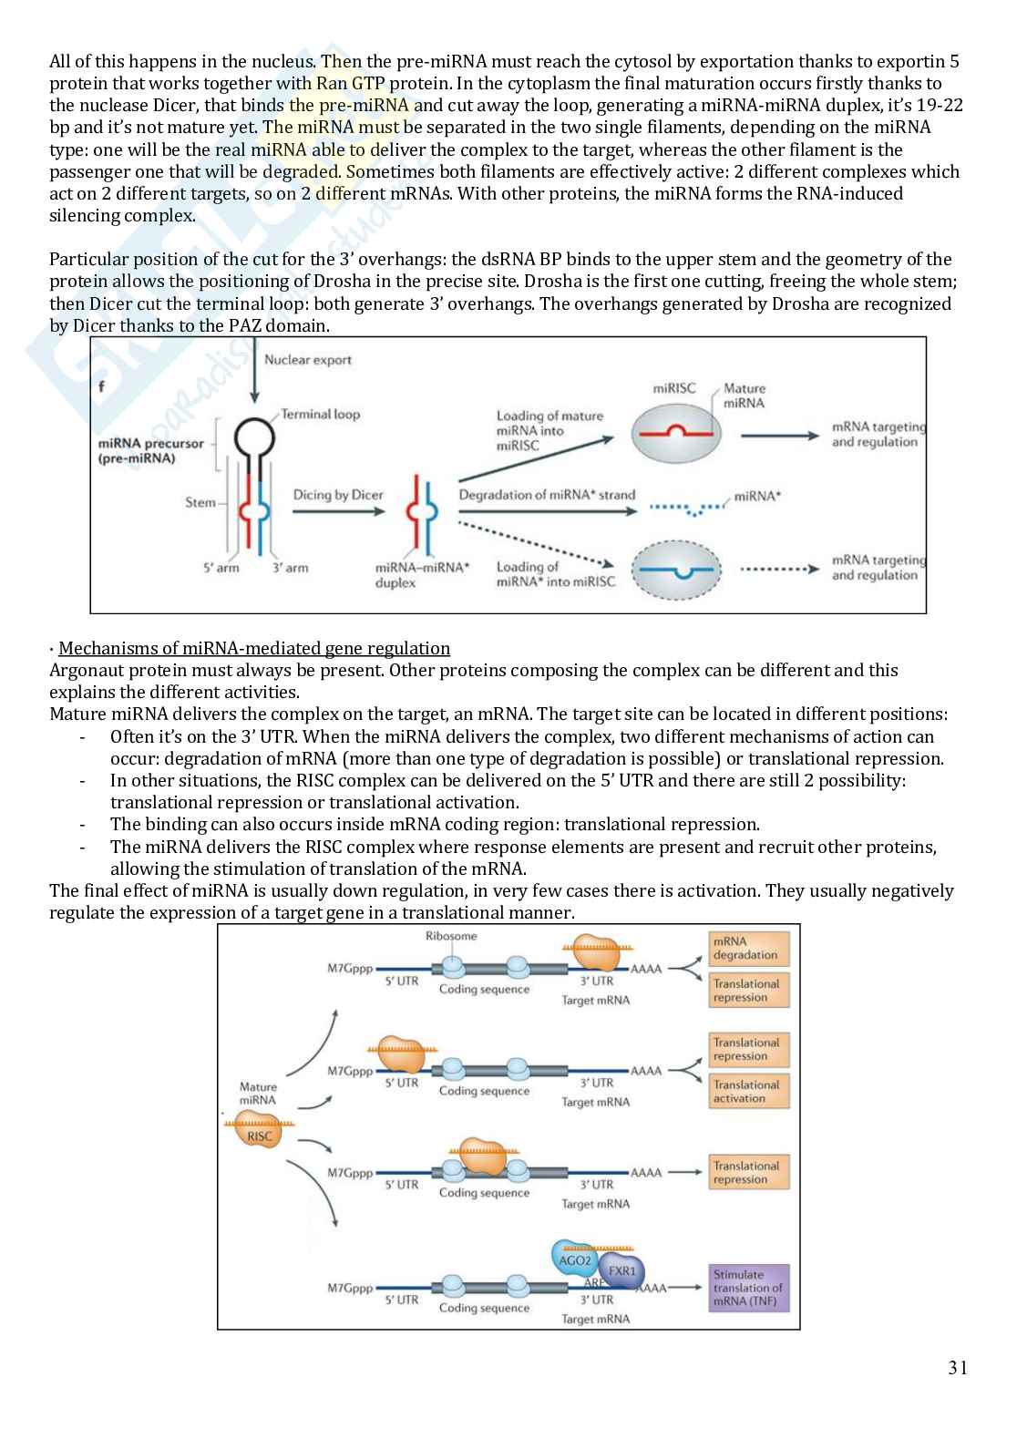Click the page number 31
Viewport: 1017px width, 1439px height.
(958, 1367)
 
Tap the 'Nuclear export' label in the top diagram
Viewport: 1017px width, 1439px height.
(307, 360)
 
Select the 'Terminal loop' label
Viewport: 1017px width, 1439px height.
(320, 415)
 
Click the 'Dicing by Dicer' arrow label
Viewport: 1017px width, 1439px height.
(338, 496)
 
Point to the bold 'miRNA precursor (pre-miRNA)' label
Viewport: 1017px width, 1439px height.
(150, 451)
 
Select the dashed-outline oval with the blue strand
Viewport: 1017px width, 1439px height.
(675, 570)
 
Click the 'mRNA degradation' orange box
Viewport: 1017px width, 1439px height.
(748, 949)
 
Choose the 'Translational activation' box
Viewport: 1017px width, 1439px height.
(748, 1092)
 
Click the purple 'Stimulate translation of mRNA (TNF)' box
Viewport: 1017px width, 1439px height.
(748, 1288)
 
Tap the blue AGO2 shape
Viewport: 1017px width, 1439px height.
(575, 1260)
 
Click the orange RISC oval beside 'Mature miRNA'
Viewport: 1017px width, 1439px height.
(259, 1136)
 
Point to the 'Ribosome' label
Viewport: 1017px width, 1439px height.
(451, 936)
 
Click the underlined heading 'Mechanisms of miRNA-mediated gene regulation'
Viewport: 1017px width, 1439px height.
(253, 648)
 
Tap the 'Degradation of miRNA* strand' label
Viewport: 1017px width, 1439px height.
(547, 495)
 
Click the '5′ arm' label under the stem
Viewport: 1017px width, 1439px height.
(221, 568)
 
